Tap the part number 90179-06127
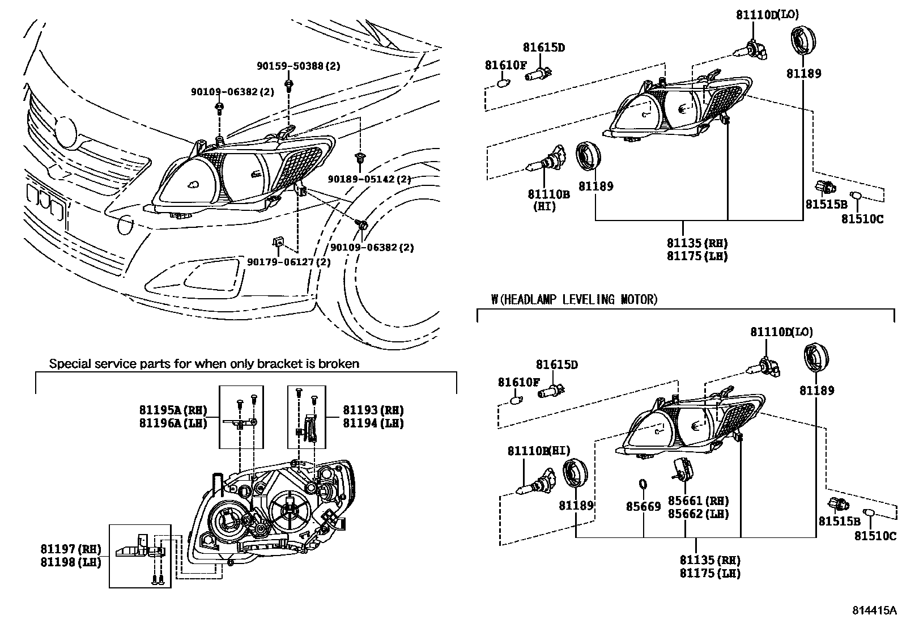tap(280, 262)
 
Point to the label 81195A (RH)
tap(173, 410)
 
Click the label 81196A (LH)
tap(173, 423)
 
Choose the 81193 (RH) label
tap(373, 410)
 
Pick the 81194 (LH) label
tap(373, 423)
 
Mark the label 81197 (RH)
tap(71, 549)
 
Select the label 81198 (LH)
tap(71, 562)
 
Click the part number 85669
tap(644, 507)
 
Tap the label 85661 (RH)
tap(699, 501)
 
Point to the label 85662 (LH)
tap(699, 514)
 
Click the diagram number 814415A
tap(874, 610)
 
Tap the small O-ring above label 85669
tap(643, 484)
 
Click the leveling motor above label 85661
tap(683, 471)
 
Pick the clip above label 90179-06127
tap(278, 242)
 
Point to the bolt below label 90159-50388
tap(289, 85)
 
